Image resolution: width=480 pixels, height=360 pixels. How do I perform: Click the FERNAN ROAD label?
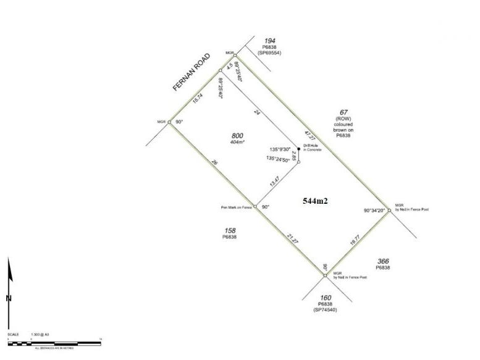(193, 73)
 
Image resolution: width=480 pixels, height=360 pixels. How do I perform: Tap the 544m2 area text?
(315, 201)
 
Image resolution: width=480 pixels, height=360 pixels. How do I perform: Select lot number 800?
(237, 135)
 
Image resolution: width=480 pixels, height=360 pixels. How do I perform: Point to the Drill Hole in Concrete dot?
(299, 148)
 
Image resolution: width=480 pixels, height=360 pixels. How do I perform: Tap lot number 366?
(382, 262)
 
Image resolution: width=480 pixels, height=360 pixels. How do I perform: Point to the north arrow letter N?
(9, 299)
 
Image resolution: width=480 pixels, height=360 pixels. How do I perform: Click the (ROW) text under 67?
(343, 119)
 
